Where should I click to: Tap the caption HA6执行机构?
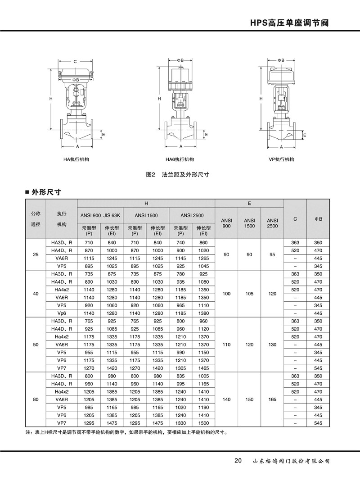pos(180,159)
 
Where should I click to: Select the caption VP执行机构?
pos(281,159)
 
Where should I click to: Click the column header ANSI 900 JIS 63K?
pos(100,215)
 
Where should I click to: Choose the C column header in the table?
pos(295,219)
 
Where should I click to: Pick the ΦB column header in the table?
pos(318,219)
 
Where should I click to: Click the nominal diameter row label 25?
pos(36,254)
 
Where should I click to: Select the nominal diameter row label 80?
pos(36,399)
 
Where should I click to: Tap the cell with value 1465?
pos(203,368)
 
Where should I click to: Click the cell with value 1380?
pos(203,313)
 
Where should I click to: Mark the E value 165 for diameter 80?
pos(272,399)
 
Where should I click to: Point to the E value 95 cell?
pos(272,254)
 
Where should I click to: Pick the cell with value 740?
pos(180,242)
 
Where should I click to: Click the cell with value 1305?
pos(180,368)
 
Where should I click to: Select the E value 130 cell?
pos(272,345)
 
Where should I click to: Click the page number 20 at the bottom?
pos(238,461)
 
